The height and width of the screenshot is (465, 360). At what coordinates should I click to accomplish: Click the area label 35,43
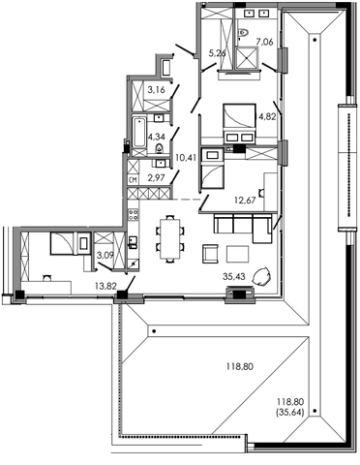pyautogui.click(x=234, y=276)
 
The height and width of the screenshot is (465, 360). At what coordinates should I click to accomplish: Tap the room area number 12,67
pyautogui.click(x=245, y=201)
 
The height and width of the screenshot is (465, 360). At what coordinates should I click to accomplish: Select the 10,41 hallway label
pyautogui.click(x=186, y=158)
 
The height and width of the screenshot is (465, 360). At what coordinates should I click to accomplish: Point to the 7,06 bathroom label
pyautogui.click(x=264, y=42)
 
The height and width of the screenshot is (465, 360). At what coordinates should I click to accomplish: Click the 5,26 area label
pyautogui.click(x=217, y=53)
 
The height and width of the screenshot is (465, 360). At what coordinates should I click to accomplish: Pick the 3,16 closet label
pyautogui.click(x=157, y=89)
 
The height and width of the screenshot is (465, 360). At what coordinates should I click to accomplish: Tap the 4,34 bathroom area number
pyautogui.click(x=157, y=137)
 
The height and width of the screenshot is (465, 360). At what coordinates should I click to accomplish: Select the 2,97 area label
pyautogui.click(x=157, y=178)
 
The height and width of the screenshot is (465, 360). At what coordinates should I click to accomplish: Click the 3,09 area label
pyautogui.click(x=105, y=256)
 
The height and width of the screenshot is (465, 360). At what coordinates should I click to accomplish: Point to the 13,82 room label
pyautogui.click(x=105, y=286)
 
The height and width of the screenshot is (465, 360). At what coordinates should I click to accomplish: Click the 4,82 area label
pyautogui.click(x=267, y=116)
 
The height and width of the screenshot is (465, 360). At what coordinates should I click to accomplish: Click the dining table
pyautogui.click(x=170, y=239)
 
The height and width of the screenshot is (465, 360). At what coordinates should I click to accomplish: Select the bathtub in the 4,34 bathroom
pyautogui.click(x=139, y=133)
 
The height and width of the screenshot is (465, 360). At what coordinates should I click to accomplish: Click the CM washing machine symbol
pyautogui.click(x=134, y=180)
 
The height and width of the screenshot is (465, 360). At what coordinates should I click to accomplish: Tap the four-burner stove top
pyautogui.click(x=134, y=215)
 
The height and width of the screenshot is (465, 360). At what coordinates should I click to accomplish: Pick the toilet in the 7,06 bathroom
pyautogui.click(x=243, y=32)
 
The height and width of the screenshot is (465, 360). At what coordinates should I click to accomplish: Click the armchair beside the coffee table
pyautogui.click(x=210, y=254)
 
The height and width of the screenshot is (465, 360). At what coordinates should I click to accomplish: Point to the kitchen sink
pyautogui.click(x=133, y=241)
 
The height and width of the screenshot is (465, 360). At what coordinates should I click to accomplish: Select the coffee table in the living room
pyautogui.click(x=237, y=254)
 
